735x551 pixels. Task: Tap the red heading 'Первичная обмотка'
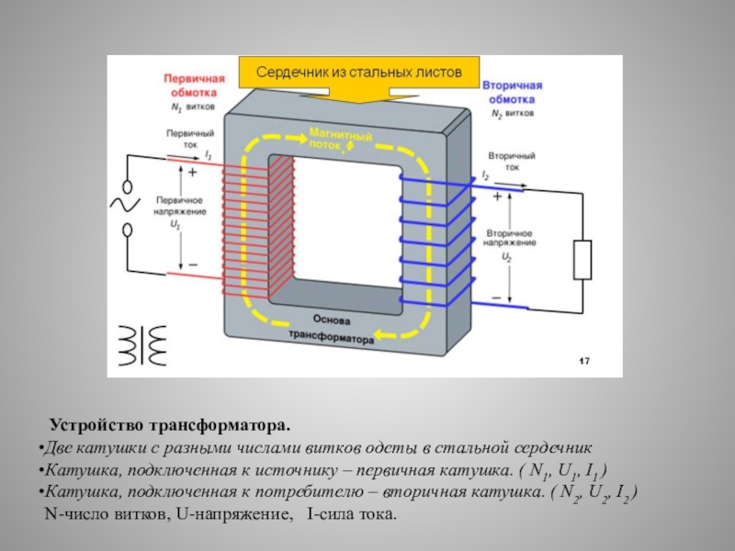(191, 84)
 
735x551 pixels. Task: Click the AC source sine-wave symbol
(124, 204)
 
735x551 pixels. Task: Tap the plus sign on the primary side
(193, 171)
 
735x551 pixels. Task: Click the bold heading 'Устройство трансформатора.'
(169, 427)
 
